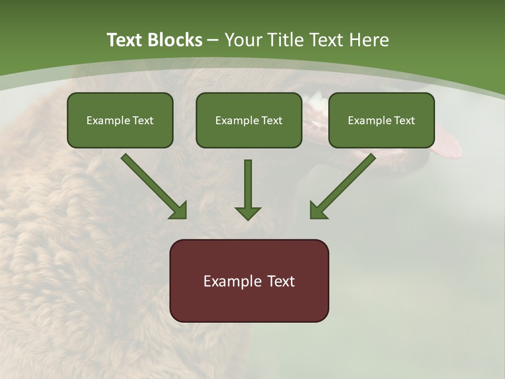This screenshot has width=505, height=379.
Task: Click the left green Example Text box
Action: pos(120,120)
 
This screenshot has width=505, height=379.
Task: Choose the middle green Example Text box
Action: pos(249,120)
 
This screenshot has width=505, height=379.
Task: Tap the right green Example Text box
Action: pos(381,120)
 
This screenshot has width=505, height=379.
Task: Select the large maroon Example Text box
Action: pos(249,281)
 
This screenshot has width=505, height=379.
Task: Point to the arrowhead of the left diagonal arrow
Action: pos(179,211)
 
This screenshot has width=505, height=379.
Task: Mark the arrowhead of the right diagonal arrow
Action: pos(318,211)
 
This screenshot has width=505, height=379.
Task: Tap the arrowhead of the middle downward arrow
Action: pos(248,213)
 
